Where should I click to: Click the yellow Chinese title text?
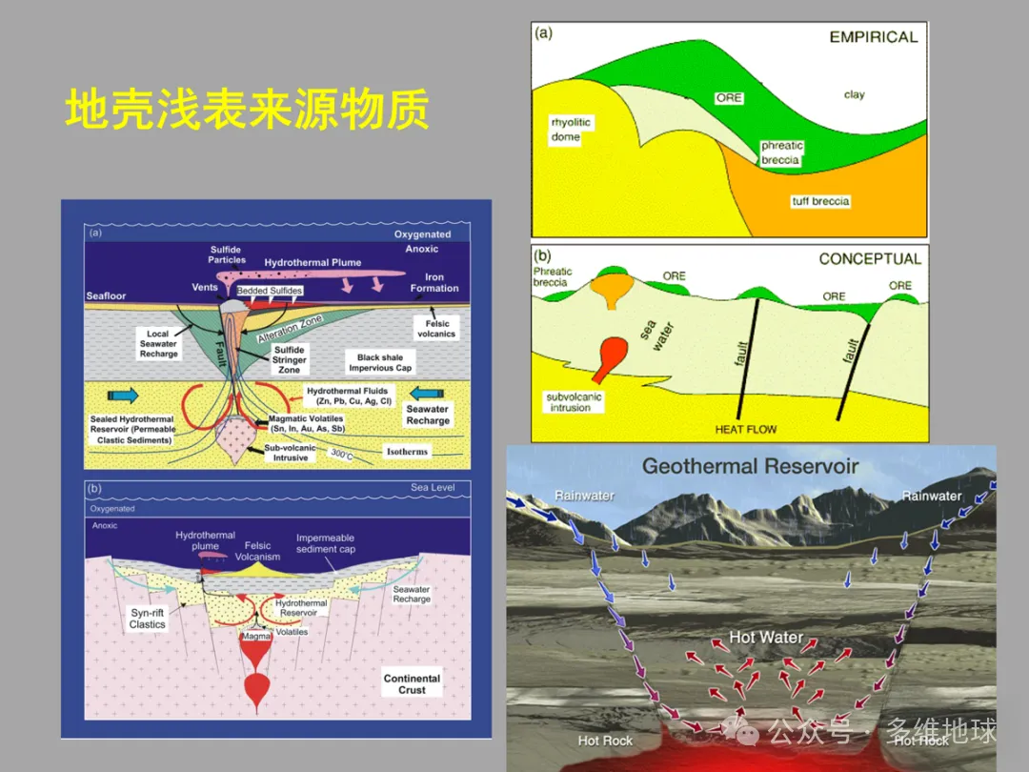(247, 111)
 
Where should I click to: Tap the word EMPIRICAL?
(873, 37)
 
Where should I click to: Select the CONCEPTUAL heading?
(870, 259)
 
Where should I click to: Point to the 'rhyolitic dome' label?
(571, 129)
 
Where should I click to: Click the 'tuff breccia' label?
(820, 201)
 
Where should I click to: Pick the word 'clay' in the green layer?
(854, 94)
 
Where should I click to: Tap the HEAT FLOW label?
(746, 430)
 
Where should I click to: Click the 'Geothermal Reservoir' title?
(751, 467)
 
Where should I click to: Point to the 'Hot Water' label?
(766, 637)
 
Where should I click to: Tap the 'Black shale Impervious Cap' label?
(380, 363)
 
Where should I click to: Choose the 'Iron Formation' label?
(434, 283)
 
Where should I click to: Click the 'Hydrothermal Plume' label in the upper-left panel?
(313, 262)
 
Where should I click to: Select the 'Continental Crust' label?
(412, 684)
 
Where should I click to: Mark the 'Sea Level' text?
(433, 488)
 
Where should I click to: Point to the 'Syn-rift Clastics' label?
(148, 619)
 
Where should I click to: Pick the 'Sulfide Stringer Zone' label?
(290, 360)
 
